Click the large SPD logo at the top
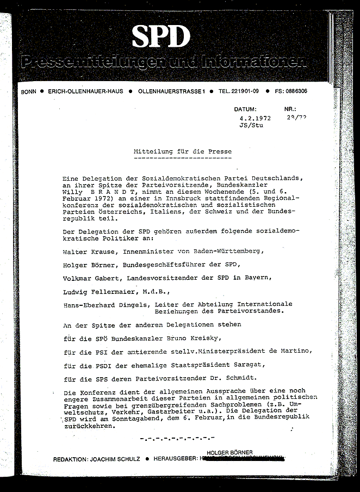160,37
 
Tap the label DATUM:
245,109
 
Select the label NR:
291,109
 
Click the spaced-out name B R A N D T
113,192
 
